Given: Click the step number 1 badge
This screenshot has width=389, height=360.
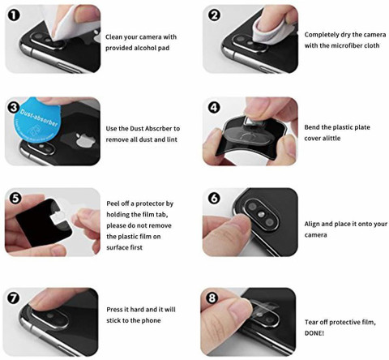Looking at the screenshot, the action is (14, 15).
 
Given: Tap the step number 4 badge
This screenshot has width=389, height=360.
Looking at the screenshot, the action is (214, 108).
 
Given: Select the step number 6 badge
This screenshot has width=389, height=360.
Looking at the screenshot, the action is (214, 199).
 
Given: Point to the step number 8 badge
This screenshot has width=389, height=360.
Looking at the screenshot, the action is (212, 298).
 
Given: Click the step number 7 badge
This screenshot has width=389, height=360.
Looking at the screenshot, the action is (14, 298).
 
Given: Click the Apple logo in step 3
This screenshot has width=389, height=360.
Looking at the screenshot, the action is (86, 140).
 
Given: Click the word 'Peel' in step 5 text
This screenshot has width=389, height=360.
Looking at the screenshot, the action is (113, 204).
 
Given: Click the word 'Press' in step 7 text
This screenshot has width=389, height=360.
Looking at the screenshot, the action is (114, 309).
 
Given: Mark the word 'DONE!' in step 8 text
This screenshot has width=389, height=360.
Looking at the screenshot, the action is (314, 333).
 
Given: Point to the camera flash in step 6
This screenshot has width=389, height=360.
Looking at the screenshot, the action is (261, 214).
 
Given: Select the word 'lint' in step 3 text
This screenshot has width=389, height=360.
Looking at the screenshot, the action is (172, 139).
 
